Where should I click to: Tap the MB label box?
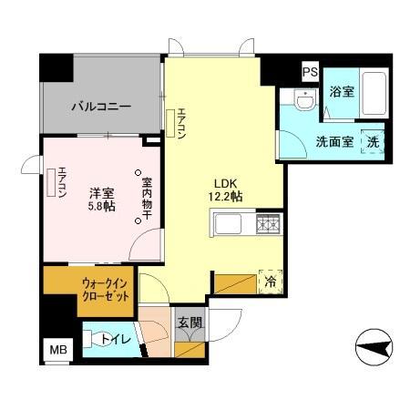[x=56, y=347]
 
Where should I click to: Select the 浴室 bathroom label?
[x=341, y=92]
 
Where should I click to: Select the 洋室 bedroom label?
[x=100, y=194]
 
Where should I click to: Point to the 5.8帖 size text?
[x=100, y=208]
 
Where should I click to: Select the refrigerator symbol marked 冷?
[x=271, y=282]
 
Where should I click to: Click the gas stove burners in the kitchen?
[x=269, y=223]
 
